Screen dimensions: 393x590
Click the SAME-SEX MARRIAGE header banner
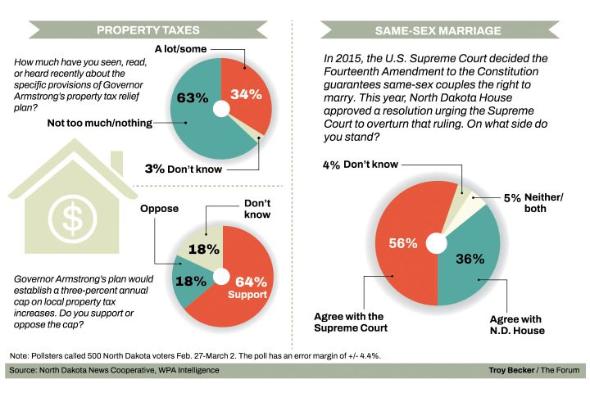[x=438, y=31]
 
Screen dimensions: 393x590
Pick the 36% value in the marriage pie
[x=470, y=259]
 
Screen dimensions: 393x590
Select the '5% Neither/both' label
[x=532, y=202]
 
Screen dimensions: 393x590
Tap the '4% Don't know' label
[x=361, y=165]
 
